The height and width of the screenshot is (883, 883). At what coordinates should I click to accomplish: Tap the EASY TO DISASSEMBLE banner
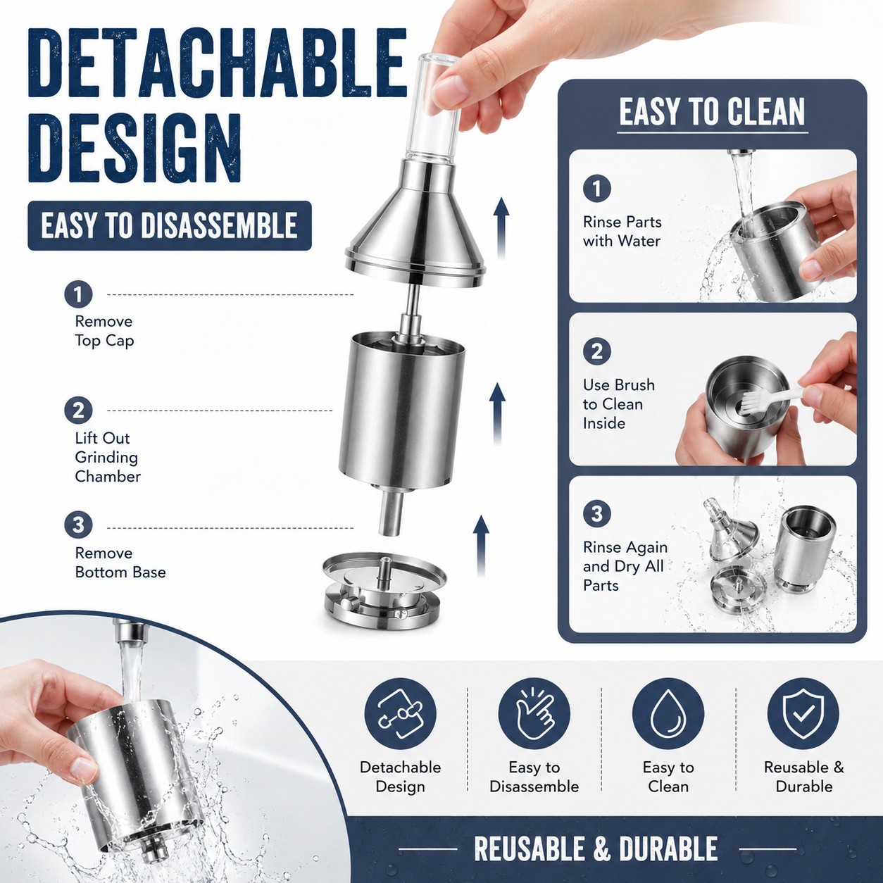point(170,225)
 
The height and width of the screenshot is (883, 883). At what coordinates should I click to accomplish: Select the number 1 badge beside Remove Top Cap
point(78,294)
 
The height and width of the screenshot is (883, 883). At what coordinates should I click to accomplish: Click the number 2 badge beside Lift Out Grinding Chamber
point(78,411)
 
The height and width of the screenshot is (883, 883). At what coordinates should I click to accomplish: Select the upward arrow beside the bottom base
point(481,545)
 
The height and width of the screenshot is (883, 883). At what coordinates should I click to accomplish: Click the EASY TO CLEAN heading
point(712,111)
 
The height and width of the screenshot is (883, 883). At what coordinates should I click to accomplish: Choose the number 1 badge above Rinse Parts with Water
point(597,188)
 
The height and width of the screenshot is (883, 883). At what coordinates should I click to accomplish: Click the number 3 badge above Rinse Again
point(597,514)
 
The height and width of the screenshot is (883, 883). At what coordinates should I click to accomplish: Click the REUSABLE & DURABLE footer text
point(596,848)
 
